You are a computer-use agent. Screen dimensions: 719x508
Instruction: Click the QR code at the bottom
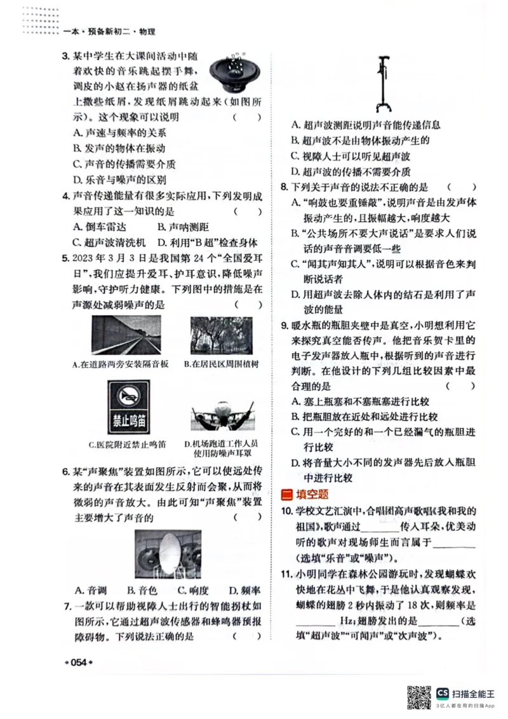point(418,697)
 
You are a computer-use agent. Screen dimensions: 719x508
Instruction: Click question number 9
point(285,326)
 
